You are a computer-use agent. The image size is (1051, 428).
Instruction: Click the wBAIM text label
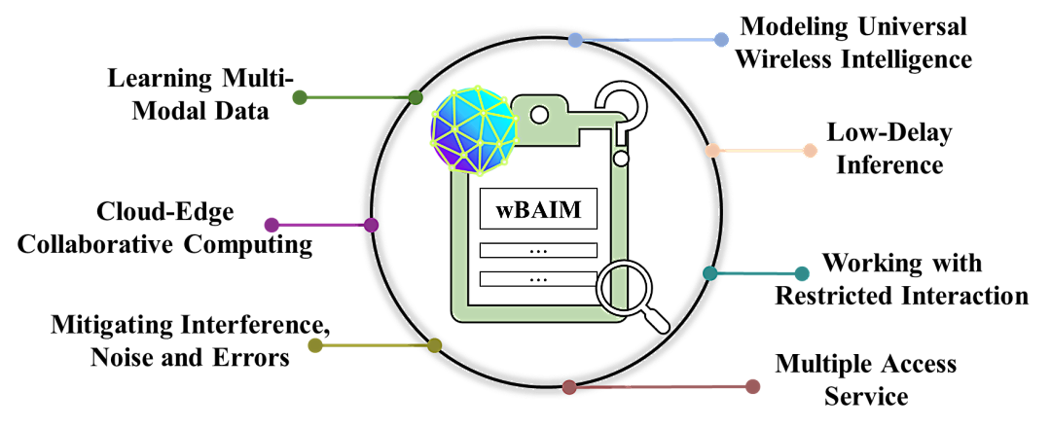coord(538,209)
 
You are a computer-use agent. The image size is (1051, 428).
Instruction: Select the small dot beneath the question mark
coord(621,158)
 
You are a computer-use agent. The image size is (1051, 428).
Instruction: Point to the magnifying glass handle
coord(658,320)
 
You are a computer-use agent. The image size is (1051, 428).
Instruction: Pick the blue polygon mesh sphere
coord(474,131)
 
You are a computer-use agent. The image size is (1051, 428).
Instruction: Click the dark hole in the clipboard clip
coord(538,115)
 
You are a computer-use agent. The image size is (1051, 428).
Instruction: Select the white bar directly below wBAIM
coord(538,250)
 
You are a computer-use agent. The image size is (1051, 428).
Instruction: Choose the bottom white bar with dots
coord(538,279)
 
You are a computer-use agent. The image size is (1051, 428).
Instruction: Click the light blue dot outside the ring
coord(721,40)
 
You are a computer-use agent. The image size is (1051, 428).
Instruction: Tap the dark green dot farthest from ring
coord(300,97)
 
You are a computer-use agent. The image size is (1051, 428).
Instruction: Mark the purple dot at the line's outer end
coord(272,225)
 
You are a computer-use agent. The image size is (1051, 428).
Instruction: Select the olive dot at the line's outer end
coord(315,345)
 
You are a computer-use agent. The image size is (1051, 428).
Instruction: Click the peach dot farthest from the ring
coord(810,151)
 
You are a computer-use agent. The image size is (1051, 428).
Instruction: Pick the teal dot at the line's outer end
coord(802,273)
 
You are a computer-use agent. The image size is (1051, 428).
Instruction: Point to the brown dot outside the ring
coord(752,386)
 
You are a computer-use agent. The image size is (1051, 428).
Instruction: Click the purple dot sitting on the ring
coord(371,225)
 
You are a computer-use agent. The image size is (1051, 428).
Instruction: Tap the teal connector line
coord(756,273)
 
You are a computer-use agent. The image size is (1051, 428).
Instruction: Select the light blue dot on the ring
coord(575,40)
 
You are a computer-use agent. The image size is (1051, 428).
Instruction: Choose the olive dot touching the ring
coord(434,345)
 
